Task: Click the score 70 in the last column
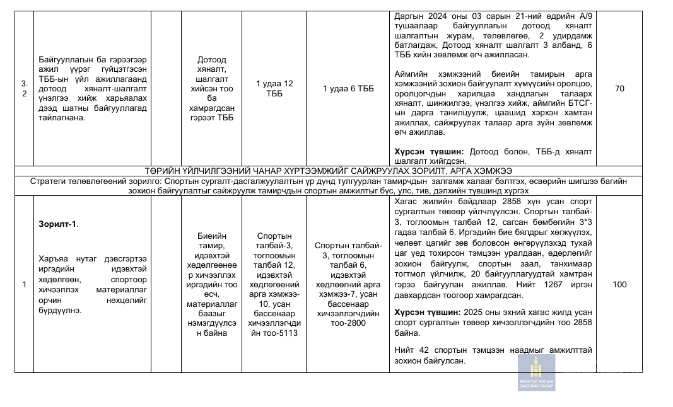pyautogui.click(x=619, y=89)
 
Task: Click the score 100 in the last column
pyautogui.click(x=619, y=285)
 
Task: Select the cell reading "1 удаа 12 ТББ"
pyautogui.click(x=274, y=89)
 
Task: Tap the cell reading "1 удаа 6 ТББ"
pyautogui.click(x=348, y=89)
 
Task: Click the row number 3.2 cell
pyautogui.click(x=25, y=89)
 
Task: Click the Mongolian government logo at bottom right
pyautogui.click(x=536, y=372)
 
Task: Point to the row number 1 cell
pyautogui.click(x=24, y=285)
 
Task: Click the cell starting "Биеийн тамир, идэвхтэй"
pyautogui.click(x=211, y=285)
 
